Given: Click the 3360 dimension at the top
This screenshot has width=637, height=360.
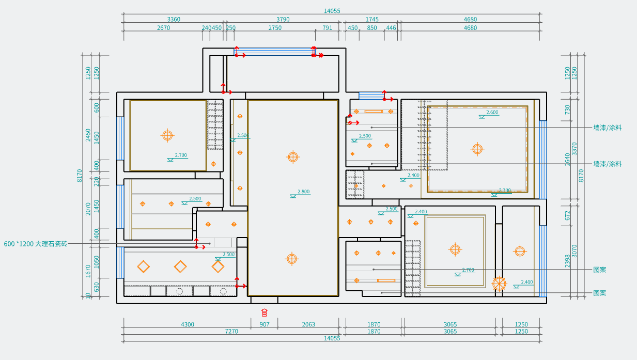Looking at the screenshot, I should (x=174, y=20).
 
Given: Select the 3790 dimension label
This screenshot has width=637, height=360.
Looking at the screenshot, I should (x=283, y=20).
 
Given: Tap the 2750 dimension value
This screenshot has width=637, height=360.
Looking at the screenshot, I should (x=275, y=28).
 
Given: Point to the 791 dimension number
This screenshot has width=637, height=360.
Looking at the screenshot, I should (x=328, y=28).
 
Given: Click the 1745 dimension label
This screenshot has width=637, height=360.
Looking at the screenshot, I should (x=372, y=20).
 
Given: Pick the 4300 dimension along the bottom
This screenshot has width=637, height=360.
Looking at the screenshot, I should (x=188, y=325).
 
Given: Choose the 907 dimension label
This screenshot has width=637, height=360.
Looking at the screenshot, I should (x=264, y=325).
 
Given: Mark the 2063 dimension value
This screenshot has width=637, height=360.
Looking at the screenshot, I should (x=308, y=325).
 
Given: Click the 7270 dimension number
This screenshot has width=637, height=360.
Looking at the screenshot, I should (x=231, y=332).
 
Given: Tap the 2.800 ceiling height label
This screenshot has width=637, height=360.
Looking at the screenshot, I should (x=303, y=192).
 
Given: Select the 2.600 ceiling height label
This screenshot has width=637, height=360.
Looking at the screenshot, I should (x=492, y=112).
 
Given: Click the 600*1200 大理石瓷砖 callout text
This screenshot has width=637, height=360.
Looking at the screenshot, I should (x=36, y=244).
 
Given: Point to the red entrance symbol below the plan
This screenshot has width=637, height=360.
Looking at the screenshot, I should (x=265, y=312).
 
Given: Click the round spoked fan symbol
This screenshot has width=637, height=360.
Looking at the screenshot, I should (x=499, y=284).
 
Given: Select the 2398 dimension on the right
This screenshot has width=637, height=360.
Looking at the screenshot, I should (x=567, y=261).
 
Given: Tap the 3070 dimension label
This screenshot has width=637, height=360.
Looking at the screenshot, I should (x=574, y=251).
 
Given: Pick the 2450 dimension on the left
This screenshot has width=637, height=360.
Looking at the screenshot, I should (x=88, y=135).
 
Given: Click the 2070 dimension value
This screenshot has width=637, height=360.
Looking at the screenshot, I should (x=88, y=208).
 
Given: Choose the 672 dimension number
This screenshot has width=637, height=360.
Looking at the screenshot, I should (x=567, y=215).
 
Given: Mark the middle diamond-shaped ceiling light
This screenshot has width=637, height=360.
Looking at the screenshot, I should (x=180, y=267).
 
